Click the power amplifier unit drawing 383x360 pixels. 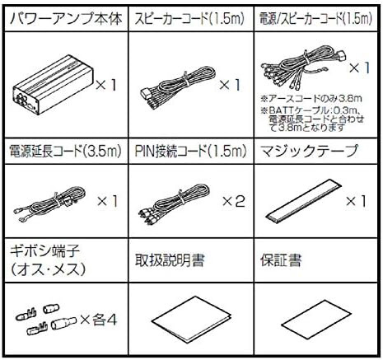tap(54, 86)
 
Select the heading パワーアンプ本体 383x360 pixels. tap(66, 19)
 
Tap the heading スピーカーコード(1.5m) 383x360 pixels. tap(189, 19)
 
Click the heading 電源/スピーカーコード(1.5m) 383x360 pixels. tap(315, 19)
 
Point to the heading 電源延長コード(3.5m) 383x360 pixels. tap(65, 151)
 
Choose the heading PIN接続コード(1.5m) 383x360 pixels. tap(190, 151)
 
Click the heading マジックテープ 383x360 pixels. tap(309, 151)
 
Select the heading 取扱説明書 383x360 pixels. tap(170, 260)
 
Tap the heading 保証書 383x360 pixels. tap(281, 260)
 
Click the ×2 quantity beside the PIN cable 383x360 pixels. tap(234, 201)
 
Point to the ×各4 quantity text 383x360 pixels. tap(99, 320)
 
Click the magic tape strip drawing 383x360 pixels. tap(304, 200)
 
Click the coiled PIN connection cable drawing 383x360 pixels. tap(175, 204)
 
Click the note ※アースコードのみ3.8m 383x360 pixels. tap(311, 98)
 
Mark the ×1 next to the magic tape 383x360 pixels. tap(356, 201)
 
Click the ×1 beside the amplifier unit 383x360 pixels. tap(106, 85)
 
